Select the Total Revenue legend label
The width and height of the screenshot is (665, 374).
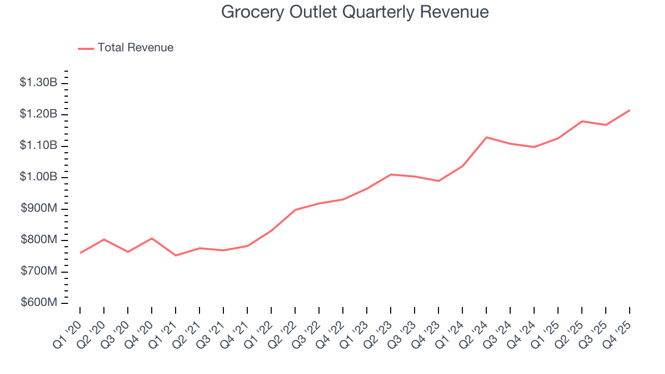point(135,48)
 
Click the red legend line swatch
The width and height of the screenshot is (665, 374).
point(86,48)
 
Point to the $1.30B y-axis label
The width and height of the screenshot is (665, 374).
point(38,83)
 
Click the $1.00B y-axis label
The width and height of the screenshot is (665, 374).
point(38,177)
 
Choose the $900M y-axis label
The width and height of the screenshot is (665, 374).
point(39,209)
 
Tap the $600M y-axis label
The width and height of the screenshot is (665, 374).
point(39,303)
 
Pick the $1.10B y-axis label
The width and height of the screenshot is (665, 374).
point(38,145)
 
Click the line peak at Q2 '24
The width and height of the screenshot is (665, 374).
point(486,137)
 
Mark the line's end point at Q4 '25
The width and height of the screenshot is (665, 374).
point(630,110)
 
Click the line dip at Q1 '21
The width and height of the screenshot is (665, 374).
point(176,256)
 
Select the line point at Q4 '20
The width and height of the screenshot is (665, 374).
point(152,238)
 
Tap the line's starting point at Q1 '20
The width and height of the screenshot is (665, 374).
point(80,253)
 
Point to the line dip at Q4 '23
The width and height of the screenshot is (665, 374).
point(438,181)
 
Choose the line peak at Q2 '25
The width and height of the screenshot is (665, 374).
point(582,121)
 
